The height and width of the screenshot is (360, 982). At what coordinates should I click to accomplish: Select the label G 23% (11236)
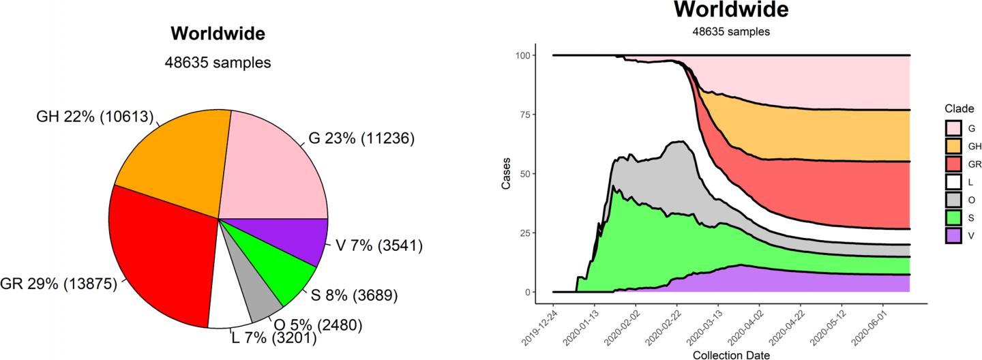pos(361,139)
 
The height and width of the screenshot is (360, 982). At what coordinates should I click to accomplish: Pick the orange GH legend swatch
pos(953,145)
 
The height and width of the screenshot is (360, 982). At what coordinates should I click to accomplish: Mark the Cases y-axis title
pos(506,173)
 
